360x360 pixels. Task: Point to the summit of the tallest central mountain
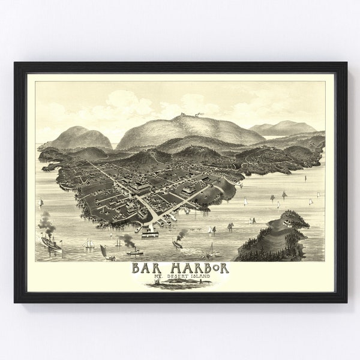click(x=191, y=117)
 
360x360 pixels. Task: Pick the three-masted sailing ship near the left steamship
click(x=88, y=243)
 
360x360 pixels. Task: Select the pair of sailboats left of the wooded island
click(x=230, y=226)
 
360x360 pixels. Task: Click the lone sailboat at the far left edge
click(x=40, y=202)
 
